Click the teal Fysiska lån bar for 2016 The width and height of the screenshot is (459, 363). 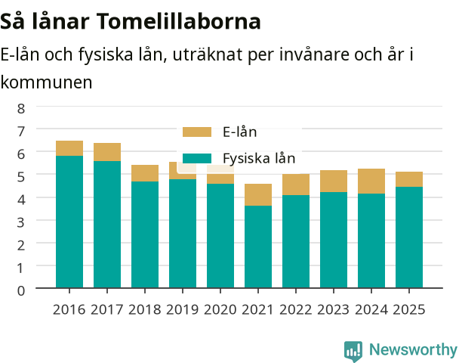(x=69, y=222)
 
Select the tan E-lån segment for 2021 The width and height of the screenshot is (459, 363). (x=258, y=194)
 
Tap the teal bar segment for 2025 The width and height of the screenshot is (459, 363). (x=409, y=237)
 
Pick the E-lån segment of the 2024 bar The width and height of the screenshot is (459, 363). (x=371, y=181)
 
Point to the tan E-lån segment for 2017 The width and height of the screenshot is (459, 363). (x=107, y=152)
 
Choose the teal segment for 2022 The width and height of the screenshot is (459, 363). (x=296, y=241)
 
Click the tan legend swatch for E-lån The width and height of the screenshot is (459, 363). (x=197, y=132)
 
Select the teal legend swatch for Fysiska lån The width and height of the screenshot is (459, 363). (x=197, y=158)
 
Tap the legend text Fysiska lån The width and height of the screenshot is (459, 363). (x=259, y=159)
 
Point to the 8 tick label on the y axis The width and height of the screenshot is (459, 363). (x=21, y=108)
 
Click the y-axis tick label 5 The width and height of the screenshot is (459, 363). (x=21, y=177)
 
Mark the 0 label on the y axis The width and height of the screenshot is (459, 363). (x=21, y=290)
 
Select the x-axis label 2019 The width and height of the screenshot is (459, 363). (x=183, y=309)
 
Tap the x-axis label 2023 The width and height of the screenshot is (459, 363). (x=334, y=309)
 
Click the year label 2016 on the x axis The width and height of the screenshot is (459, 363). (x=69, y=309)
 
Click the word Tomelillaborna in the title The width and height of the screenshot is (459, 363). (x=178, y=21)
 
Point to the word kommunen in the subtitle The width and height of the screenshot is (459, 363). (x=46, y=82)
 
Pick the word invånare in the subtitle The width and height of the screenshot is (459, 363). (x=314, y=54)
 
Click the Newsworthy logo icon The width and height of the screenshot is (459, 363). (x=353, y=351)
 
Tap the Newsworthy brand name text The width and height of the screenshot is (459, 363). (x=413, y=349)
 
